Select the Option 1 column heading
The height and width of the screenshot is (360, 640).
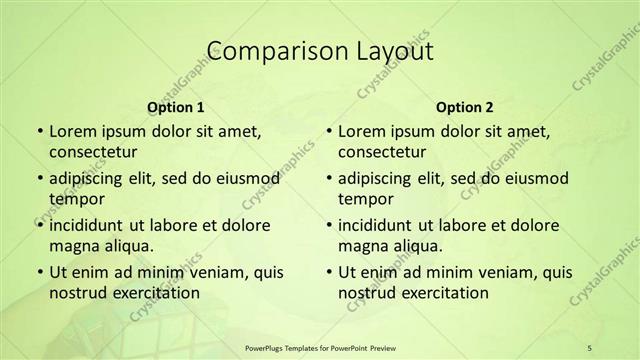pyautogui.click(x=176, y=107)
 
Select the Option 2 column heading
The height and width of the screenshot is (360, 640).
pyautogui.click(x=466, y=107)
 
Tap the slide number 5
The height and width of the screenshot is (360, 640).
pyautogui.click(x=590, y=345)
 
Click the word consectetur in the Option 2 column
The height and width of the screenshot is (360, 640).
pyautogui.click(x=383, y=152)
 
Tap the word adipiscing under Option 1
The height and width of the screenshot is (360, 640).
pyautogui.click(x=89, y=178)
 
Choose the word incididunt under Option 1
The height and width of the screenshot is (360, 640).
pyautogui.click(x=88, y=225)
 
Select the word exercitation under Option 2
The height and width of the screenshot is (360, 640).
pyautogui.click(x=443, y=293)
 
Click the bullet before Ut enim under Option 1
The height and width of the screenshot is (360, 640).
pyautogui.click(x=38, y=273)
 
